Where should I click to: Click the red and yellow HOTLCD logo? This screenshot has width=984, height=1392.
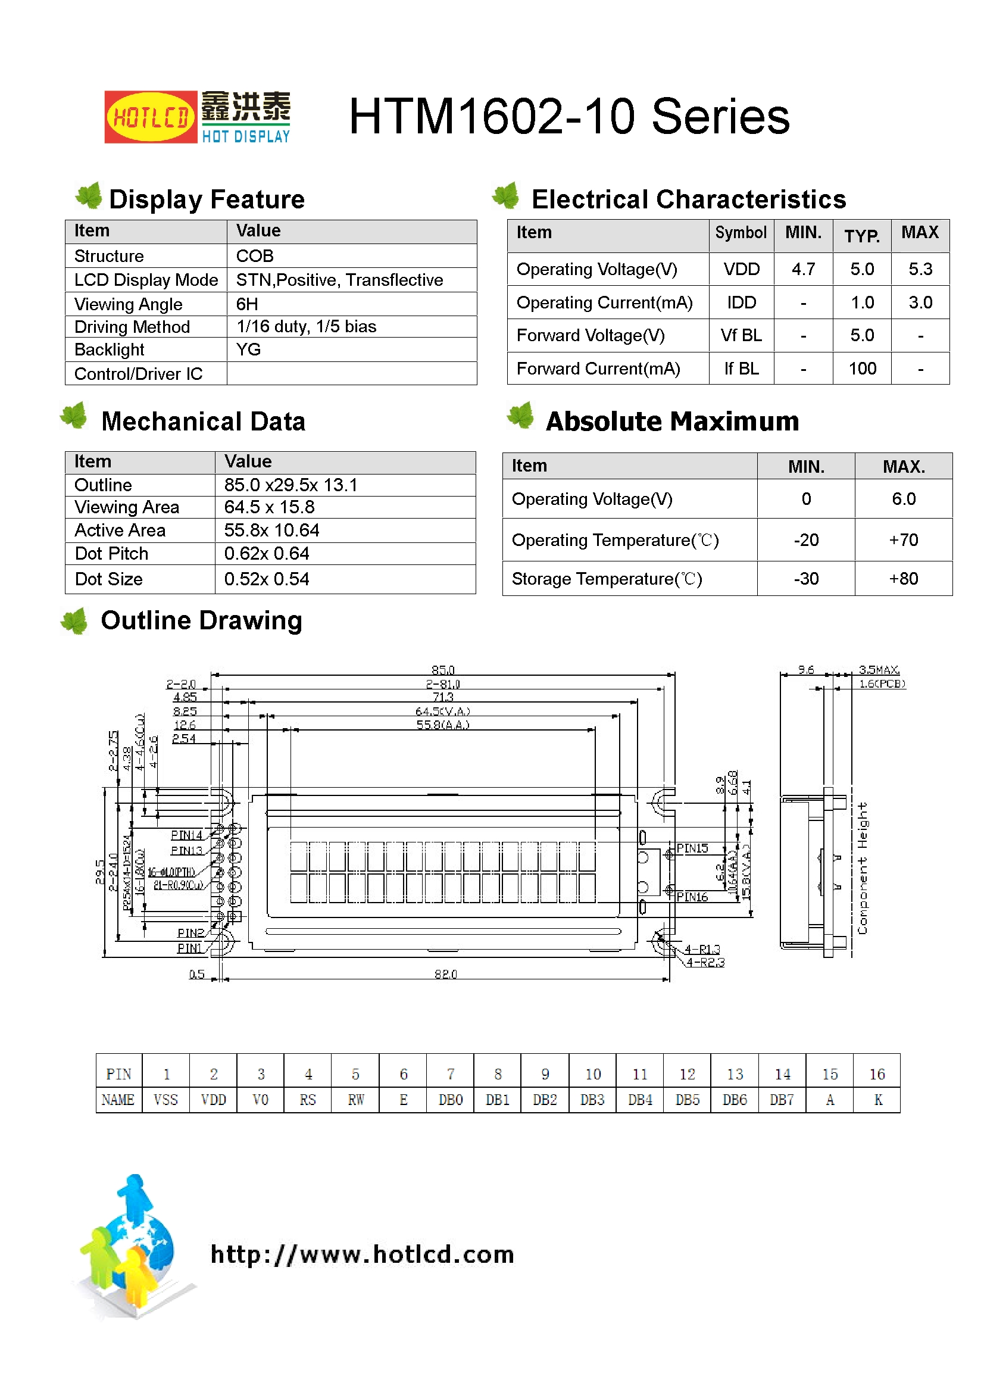coord(151,117)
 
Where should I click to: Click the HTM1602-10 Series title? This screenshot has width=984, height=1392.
coord(568,117)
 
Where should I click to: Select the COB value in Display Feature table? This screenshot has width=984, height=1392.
coord(255,256)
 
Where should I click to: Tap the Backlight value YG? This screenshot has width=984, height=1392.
coord(248,349)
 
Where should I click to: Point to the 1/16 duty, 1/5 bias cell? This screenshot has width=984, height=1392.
coord(306,327)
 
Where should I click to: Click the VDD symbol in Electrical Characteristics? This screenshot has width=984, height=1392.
coord(741,269)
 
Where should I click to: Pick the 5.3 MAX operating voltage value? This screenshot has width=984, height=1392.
coord(920,269)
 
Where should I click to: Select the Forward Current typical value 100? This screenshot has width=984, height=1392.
coord(861,369)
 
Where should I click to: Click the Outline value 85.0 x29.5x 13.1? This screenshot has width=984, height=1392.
coord(290,485)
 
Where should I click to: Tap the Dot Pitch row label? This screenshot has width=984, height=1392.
coord(111,554)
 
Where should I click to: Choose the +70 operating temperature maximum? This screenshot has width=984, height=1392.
coord(903,539)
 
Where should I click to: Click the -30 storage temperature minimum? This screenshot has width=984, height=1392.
coord(806,579)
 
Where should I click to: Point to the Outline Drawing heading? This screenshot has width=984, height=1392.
coord(201,621)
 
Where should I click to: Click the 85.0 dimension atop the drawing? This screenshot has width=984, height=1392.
coord(442,670)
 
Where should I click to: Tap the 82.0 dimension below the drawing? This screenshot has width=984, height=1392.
coord(445,974)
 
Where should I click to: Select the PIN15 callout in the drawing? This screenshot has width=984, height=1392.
coord(692,848)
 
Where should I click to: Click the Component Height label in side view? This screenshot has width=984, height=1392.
coord(862,867)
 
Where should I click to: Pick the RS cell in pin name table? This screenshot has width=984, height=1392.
coord(307,1100)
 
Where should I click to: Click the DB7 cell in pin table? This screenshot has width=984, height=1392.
coord(782,1100)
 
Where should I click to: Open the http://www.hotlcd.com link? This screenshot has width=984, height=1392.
coord(362,1254)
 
